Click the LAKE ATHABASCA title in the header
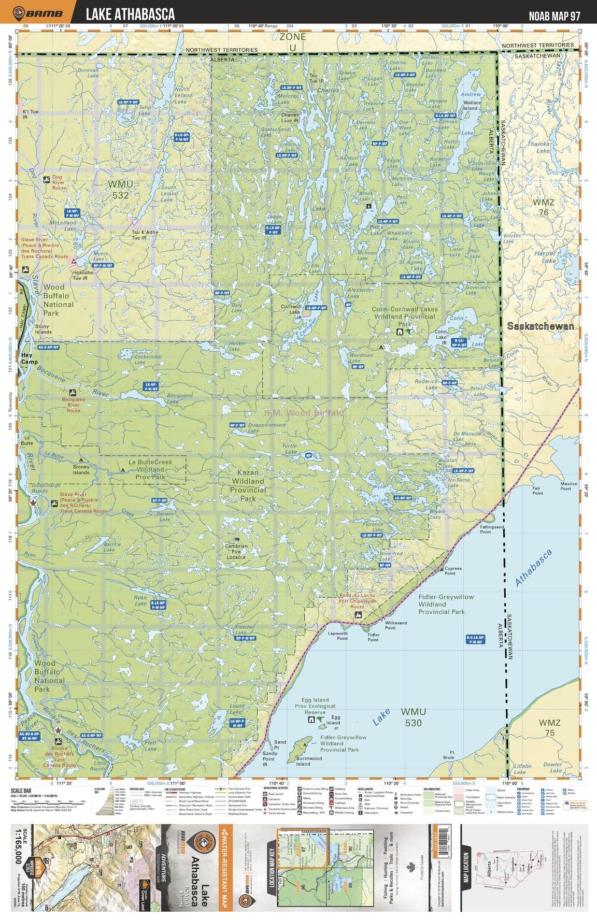click(130, 14)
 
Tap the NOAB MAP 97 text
click(554, 16)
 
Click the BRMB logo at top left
click(39, 13)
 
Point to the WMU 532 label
click(120, 190)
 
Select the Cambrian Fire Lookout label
click(236, 551)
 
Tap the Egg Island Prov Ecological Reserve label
click(315, 709)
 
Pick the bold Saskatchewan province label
click(541, 326)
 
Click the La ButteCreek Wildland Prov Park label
click(150, 469)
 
